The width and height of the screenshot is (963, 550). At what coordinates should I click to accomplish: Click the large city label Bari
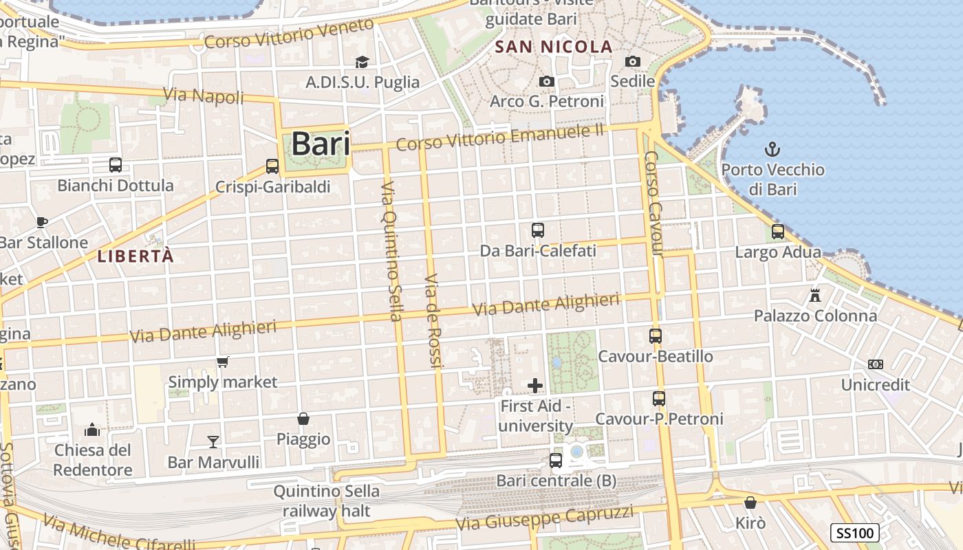click(321, 144)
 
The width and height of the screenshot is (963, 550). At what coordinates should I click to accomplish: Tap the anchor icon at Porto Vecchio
click(772, 148)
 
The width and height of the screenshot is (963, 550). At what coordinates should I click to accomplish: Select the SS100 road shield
click(855, 533)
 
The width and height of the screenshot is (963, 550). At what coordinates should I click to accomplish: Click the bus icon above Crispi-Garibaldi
click(272, 166)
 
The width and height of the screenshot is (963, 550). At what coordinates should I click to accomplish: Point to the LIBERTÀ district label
click(136, 256)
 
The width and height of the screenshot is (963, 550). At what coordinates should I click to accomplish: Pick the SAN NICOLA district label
click(554, 47)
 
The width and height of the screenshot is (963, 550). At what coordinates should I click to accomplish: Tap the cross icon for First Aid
click(535, 385)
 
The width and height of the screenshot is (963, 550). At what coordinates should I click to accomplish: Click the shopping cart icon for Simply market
click(222, 362)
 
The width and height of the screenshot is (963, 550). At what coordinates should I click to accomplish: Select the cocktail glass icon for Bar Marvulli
click(213, 441)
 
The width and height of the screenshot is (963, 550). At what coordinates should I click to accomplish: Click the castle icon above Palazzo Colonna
click(815, 296)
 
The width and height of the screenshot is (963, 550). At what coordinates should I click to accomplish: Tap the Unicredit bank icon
click(876, 364)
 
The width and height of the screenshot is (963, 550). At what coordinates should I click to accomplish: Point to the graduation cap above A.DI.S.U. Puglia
click(362, 62)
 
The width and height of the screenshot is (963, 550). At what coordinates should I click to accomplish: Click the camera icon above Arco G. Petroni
click(547, 81)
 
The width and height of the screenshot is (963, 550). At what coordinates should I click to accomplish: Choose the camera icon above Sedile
click(633, 61)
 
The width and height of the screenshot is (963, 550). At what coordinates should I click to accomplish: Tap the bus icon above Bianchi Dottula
click(116, 165)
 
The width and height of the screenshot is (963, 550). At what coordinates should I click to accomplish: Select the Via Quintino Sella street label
click(391, 250)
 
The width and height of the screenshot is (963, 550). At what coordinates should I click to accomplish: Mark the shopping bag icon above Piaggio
click(303, 419)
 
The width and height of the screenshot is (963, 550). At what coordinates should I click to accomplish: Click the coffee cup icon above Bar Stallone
click(42, 222)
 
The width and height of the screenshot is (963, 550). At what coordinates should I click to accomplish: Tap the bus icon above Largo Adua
click(778, 232)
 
